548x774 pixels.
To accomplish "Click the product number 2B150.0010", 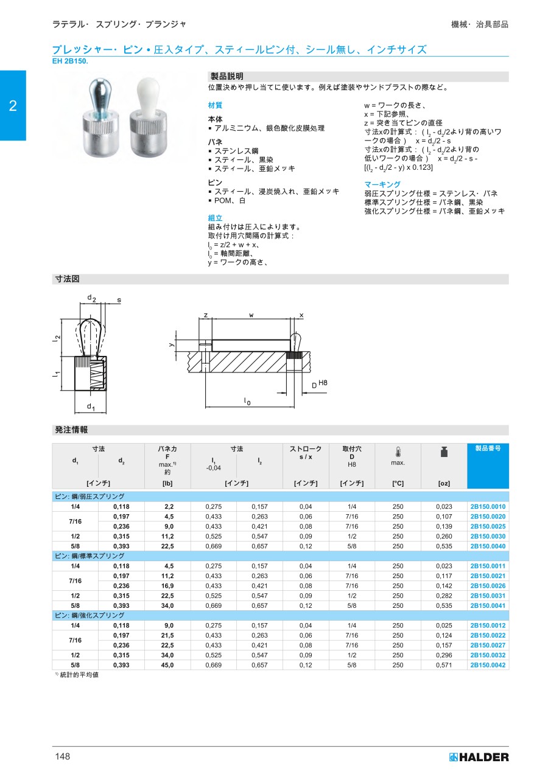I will point(488,506).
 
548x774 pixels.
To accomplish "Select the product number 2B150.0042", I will point(488,665).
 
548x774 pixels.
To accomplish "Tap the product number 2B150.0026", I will point(488,586).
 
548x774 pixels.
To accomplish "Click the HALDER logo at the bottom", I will point(479,757).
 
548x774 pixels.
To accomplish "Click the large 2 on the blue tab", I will point(13,106).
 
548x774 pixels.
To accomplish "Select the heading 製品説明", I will point(227,77).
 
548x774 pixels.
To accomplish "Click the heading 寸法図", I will point(68,279).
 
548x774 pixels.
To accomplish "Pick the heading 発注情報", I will point(71,430).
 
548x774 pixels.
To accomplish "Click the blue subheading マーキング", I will point(382,184).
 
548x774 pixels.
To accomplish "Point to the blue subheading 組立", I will point(215,218).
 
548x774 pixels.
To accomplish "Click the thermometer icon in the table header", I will point(398,452).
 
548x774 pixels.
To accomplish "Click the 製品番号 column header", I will point(488,448).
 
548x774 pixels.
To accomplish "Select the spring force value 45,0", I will point(167,665).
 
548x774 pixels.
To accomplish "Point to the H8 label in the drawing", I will point(323,382).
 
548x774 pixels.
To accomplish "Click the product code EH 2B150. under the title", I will point(71,61).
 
